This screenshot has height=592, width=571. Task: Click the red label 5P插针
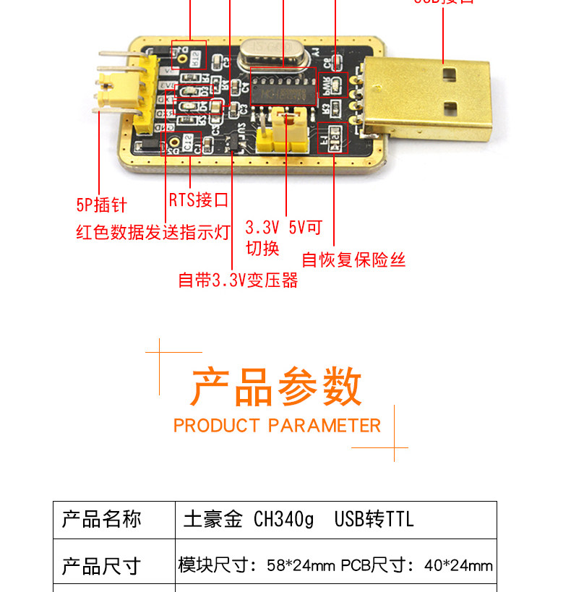pos(101,205)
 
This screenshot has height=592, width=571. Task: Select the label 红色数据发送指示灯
pos(153,233)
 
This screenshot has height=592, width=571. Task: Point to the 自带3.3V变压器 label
pos(238,280)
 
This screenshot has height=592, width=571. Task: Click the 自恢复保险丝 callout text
pos(353,259)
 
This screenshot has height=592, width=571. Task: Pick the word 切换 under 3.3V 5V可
pos(262,248)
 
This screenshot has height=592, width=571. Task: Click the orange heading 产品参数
pos(276,387)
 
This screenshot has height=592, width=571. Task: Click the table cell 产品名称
pos(101,520)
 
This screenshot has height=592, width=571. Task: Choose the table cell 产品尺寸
pos(101,565)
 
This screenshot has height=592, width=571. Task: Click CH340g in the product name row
pos(284,520)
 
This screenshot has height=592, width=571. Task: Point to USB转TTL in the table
pos(374,520)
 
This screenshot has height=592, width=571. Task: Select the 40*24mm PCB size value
pos(458,565)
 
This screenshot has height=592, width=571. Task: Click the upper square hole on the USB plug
pos(450,73)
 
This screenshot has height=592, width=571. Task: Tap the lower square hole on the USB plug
pos(450,110)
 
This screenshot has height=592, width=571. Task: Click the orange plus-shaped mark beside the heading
pos(160,352)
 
